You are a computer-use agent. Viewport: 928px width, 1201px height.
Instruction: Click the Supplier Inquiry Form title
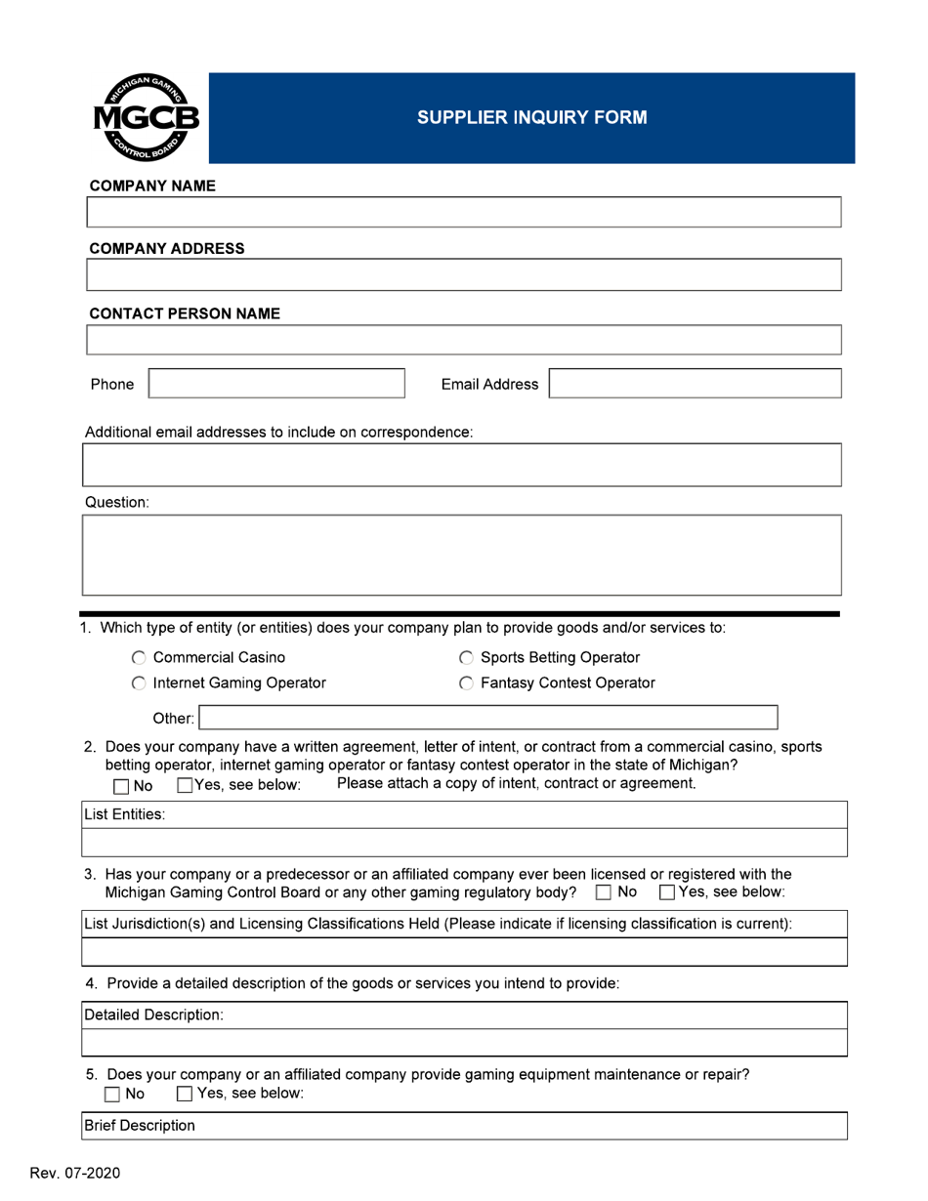pos(531,118)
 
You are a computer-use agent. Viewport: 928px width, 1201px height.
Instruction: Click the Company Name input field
pos(465,212)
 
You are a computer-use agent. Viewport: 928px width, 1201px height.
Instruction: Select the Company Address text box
pos(465,275)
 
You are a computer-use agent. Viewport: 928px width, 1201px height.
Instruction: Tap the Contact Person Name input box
pos(465,340)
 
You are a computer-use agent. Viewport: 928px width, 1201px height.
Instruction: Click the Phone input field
pos(276,384)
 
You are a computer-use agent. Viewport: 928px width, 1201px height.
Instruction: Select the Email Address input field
pos(695,384)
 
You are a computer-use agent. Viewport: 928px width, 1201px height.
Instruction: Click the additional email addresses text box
pos(463,465)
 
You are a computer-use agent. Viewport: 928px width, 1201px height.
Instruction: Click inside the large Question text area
pos(463,555)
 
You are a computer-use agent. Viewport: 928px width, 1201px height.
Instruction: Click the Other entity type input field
pos(488,719)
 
